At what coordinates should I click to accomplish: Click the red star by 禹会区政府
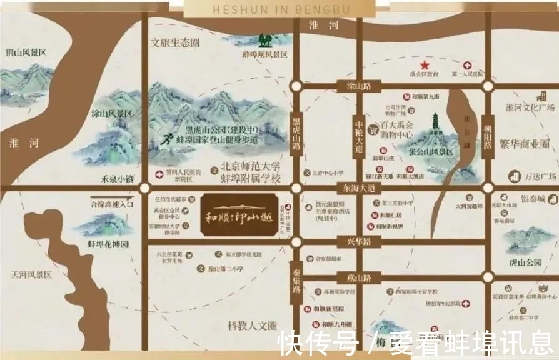click(425, 65)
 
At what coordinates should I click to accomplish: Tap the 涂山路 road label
click(353, 86)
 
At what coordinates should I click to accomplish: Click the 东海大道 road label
click(358, 187)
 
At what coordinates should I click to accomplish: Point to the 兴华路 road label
click(354, 241)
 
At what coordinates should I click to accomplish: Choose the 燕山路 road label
click(354, 277)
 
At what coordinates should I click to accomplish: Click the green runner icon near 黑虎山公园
click(168, 139)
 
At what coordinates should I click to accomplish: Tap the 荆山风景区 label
click(26, 52)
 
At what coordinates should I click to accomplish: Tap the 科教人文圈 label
click(251, 326)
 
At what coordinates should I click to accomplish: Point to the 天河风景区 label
click(30, 274)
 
